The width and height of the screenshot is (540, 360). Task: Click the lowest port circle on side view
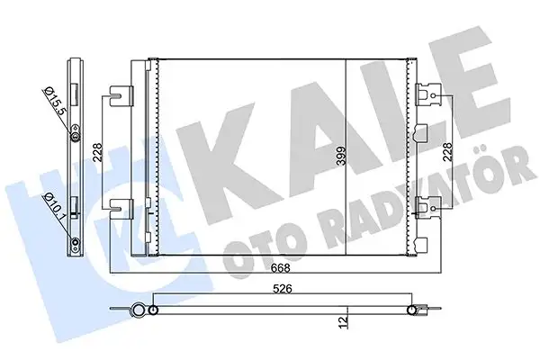[76, 244]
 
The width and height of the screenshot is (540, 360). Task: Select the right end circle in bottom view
[416, 311]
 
